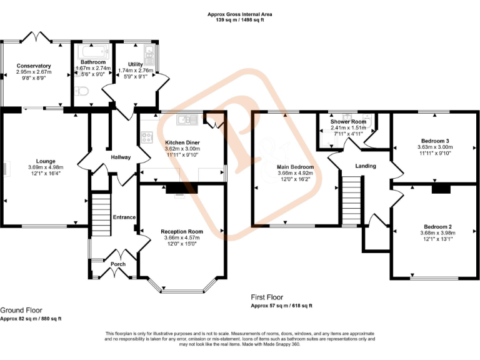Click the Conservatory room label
(34, 66)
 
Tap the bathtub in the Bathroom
(93, 49)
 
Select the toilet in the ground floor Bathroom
(81, 92)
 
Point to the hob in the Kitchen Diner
(147, 137)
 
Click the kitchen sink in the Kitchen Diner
(187, 119)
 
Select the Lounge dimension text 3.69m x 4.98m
(46, 167)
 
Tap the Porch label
(118, 264)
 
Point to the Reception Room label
(182, 231)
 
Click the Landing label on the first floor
(366, 166)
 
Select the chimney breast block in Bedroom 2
(441, 189)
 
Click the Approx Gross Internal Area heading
(239, 14)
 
